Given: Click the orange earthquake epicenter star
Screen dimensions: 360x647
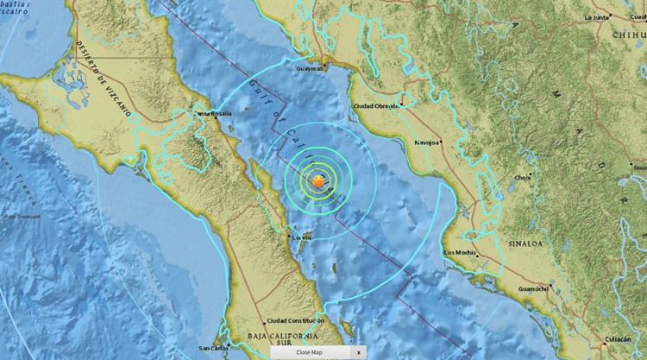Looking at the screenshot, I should click(x=320, y=180).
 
